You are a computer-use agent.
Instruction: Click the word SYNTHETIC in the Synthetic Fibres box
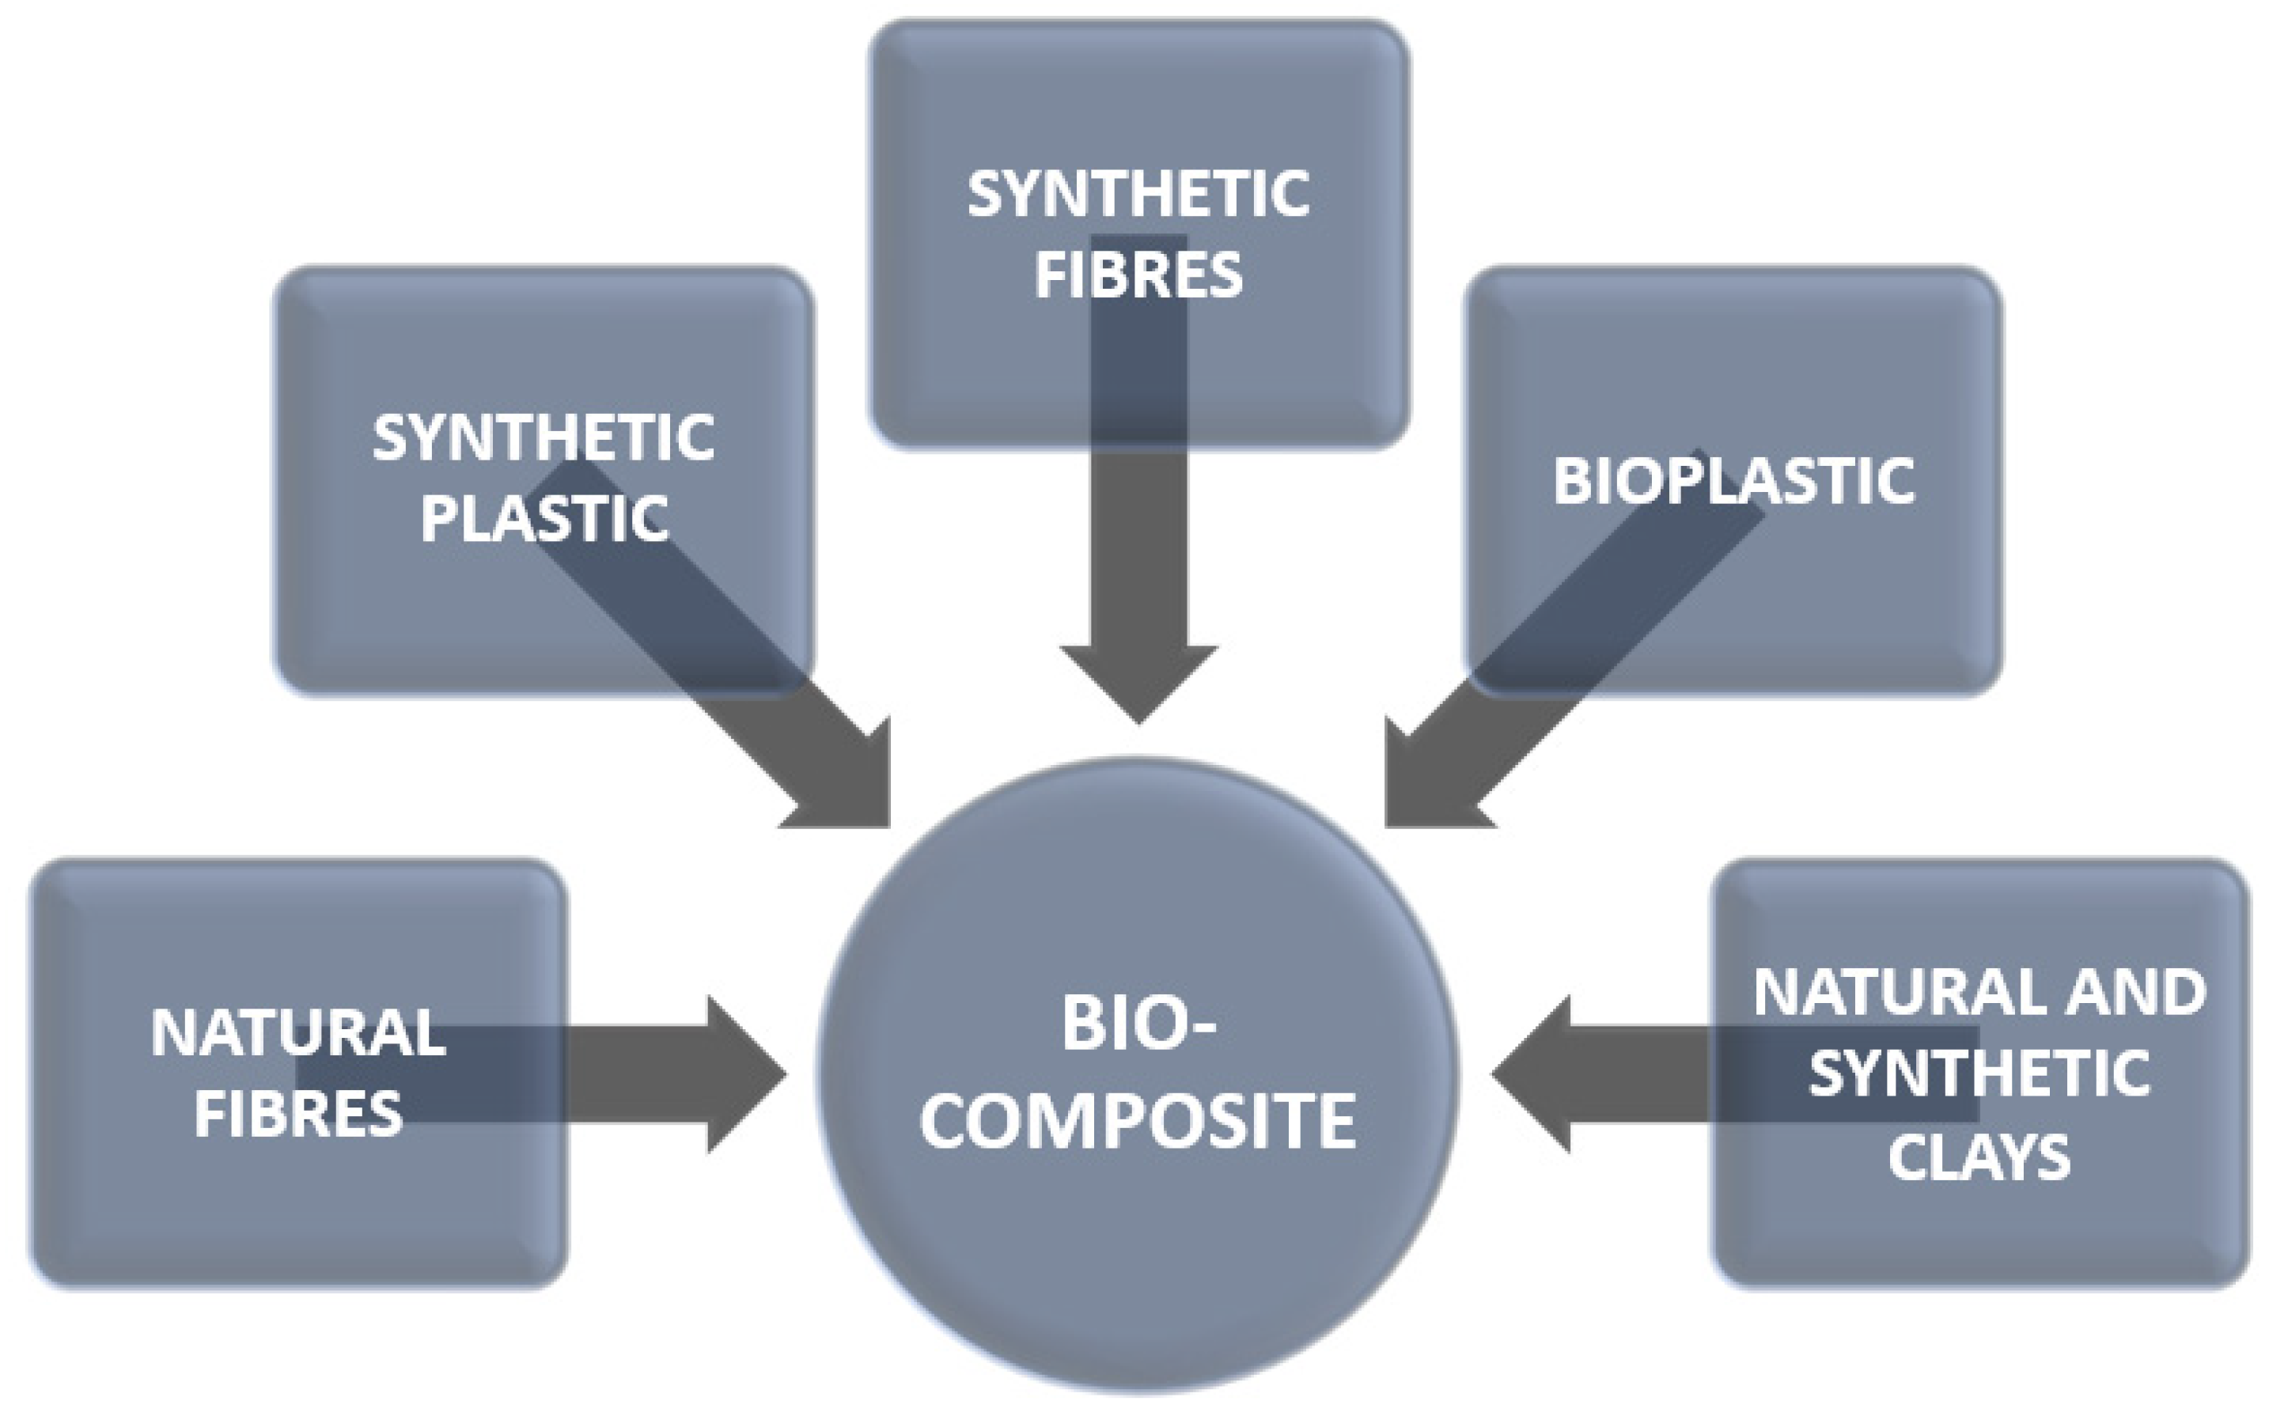1138,195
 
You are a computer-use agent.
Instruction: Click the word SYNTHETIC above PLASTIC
544,437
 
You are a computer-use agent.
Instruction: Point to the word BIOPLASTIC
1733,482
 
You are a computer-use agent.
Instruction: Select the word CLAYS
1979,1157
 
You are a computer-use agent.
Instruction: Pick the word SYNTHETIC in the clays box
1979,1073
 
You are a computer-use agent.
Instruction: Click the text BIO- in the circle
1138,1024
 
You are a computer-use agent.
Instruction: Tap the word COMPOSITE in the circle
1138,1121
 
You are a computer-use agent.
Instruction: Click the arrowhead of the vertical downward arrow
1138,683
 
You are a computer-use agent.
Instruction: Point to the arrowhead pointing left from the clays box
1531,1074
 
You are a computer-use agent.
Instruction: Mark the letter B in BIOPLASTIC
1571,482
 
